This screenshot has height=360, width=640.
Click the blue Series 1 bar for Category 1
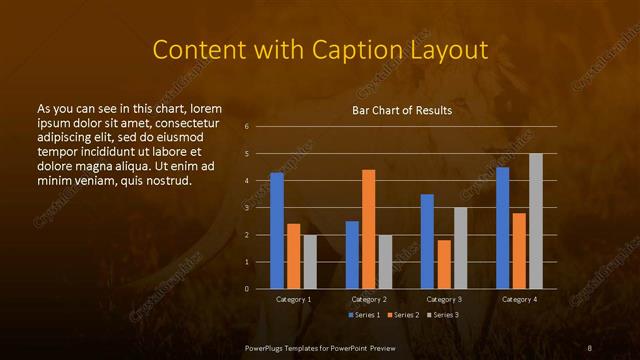277,231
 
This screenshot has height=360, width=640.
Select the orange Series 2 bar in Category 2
369,229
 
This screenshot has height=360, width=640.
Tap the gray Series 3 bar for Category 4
536,221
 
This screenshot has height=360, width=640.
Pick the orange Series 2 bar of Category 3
444,264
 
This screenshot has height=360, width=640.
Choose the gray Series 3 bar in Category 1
310,262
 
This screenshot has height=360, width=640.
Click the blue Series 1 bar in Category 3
427,241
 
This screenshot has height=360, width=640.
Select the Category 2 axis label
369,299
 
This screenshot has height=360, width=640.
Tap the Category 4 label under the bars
518,299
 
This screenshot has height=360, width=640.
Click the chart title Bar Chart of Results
402,110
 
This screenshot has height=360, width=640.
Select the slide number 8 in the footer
590,347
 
